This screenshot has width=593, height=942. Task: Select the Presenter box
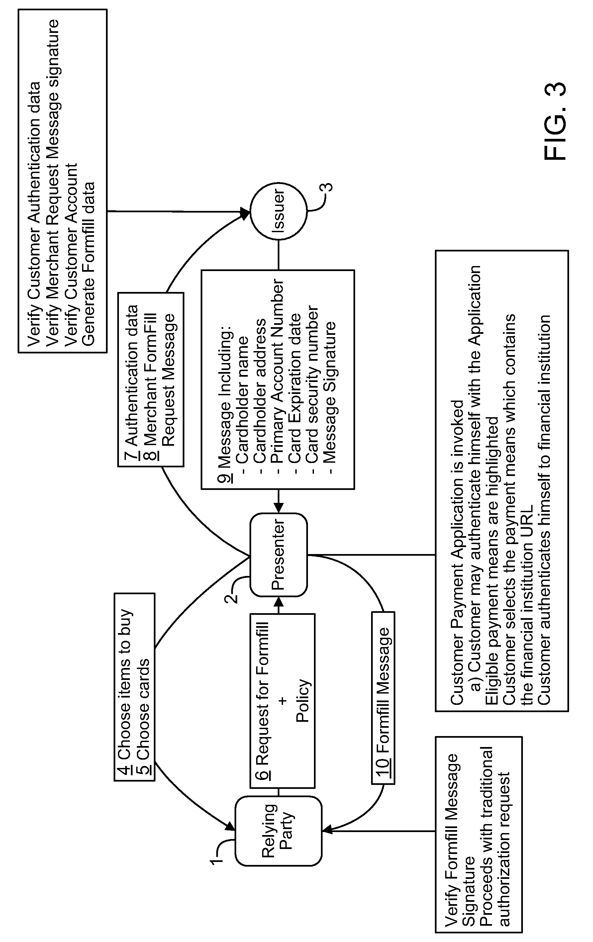[x=278, y=555]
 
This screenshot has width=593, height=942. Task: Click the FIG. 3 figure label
[x=555, y=121]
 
